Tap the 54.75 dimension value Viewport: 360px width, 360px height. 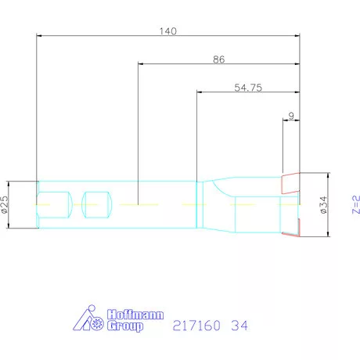(x=247, y=88)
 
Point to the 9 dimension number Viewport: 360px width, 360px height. (x=291, y=116)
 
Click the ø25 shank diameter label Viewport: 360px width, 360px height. (x=5, y=204)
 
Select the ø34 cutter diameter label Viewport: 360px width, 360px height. (x=322, y=204)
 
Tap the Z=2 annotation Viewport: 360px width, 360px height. (x=355, y=204)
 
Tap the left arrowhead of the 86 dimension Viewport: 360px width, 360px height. (x=141, y=64)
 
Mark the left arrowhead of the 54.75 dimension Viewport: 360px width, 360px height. (x=199, y=92)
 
